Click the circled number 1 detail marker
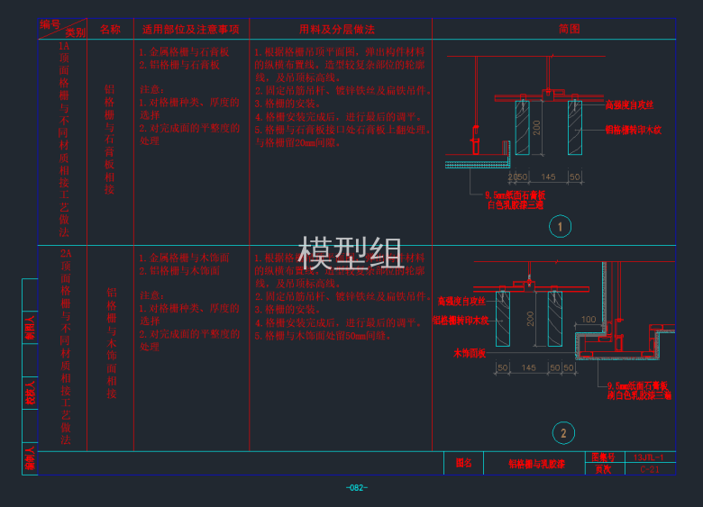coord(560,227)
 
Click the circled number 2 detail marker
coord(563,433)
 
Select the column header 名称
coord(110,29)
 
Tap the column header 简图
coord(569,29)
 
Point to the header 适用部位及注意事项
coord(191,29)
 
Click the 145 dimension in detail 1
coord(547,177)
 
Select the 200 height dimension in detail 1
coord(536,127)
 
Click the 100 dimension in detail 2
coord(589,320)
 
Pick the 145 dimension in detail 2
coord(529,367)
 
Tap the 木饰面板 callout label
coord(469,353)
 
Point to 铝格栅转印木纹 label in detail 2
coord(461,320)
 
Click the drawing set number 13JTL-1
coord(648,457)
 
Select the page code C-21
coord(649,469)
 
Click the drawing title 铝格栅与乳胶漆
coord(536,464)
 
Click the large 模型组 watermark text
coord(351,255)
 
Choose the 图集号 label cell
coord(601,457)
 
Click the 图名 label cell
coord(464,463)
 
